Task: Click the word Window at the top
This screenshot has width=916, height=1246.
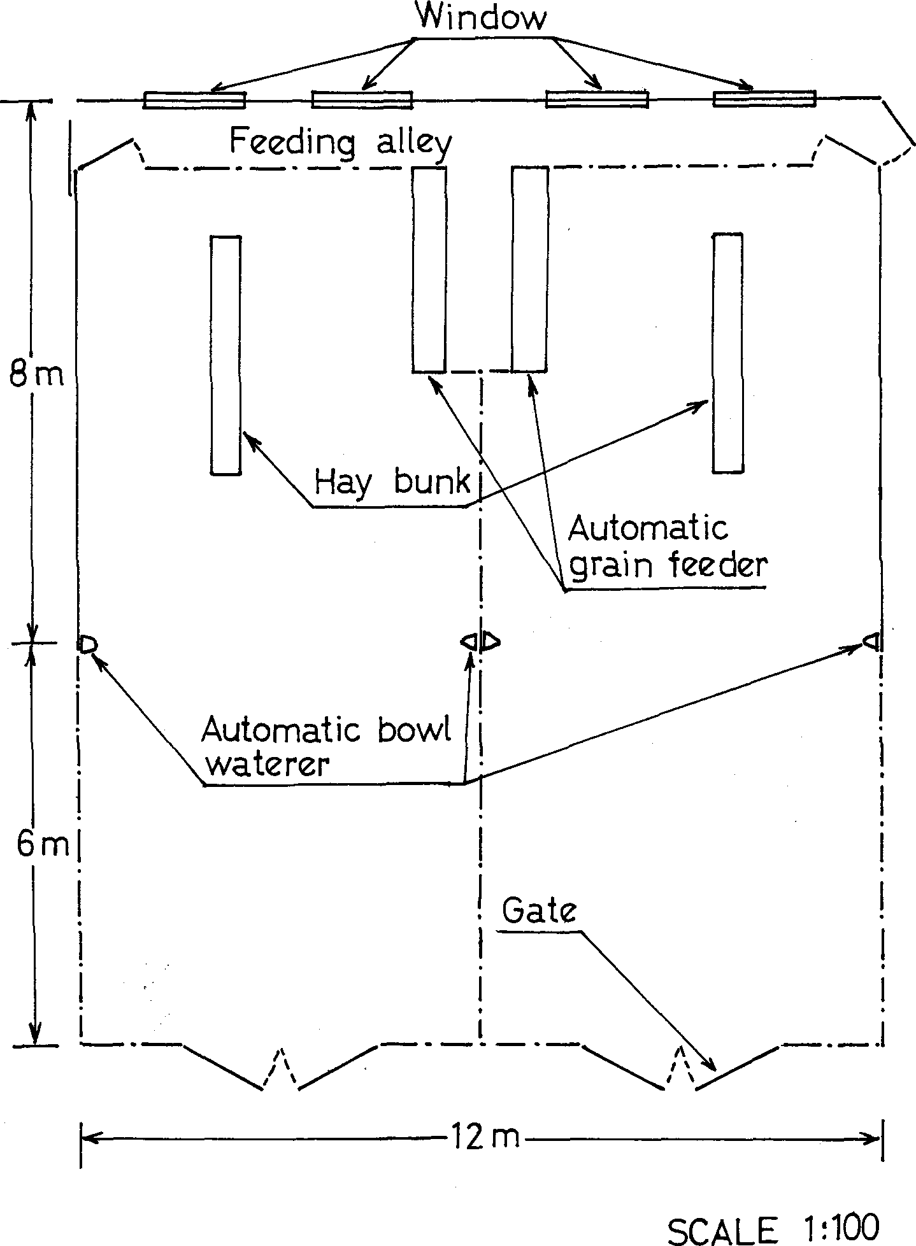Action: (482, 17)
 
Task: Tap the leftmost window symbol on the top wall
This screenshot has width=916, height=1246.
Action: (194, 100)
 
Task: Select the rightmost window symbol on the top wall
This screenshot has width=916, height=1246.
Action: (764, 99)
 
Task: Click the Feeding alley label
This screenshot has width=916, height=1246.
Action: (340, 143)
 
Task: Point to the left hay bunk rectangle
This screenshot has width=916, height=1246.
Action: (226, 355)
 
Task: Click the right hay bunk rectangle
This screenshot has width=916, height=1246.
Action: (727, 353)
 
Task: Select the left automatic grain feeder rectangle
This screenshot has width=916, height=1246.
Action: (429, 269)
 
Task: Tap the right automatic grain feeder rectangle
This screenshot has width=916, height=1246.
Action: (529, 269)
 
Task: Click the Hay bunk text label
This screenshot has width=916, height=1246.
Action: (392, 483)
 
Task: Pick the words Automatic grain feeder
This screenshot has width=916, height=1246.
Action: (667, 548)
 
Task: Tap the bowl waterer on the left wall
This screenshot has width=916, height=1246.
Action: (87, 644)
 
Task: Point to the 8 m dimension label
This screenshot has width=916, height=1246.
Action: (36, 375)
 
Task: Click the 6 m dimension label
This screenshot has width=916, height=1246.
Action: (42, 845)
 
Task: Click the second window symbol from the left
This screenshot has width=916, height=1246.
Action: (362, 100)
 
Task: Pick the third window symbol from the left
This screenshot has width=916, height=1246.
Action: (598, 99)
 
